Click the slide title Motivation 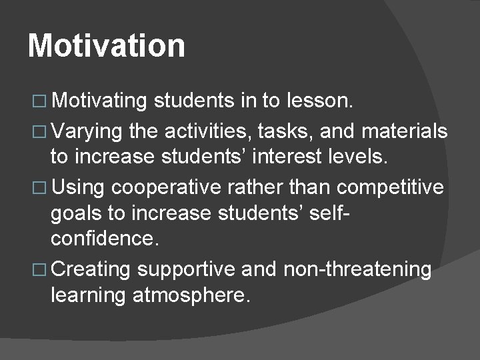pyautogui.click(x=107, y=46)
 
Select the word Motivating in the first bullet pyautogui.click(x=99, y=101)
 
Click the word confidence pyautogui.click(x=104, y=239)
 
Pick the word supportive pyautogui.click(x=186, y=269)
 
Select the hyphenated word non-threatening pyautogui.click(x=357, y=269)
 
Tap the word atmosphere pyautogui.click(x=191, y=295)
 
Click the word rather pyautogui.click(x=255, y=187)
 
